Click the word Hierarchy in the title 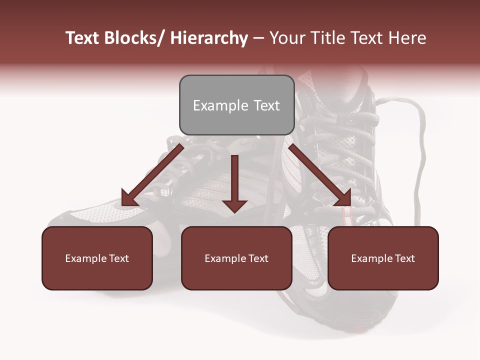tap(209, 38)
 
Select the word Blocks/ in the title tap(132, 38)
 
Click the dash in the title tap(258, 38)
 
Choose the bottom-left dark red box tap(97, 258)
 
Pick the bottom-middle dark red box tap(236, 258)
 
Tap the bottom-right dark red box tap(383, 258)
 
